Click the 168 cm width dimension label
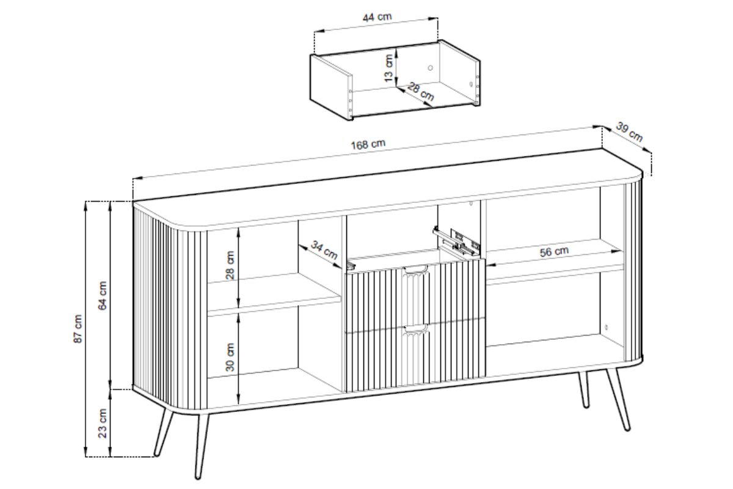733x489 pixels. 368,144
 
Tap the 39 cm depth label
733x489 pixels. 629,133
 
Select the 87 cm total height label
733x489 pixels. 78,329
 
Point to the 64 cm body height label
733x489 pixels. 103,295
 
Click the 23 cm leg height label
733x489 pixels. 103,423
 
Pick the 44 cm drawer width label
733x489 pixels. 377,17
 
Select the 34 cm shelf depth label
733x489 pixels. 324,251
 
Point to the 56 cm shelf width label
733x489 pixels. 554,251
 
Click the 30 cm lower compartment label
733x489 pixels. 230,356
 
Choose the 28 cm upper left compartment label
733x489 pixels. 230,265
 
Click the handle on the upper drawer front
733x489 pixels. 415,270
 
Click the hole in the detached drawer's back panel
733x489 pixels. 430,67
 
